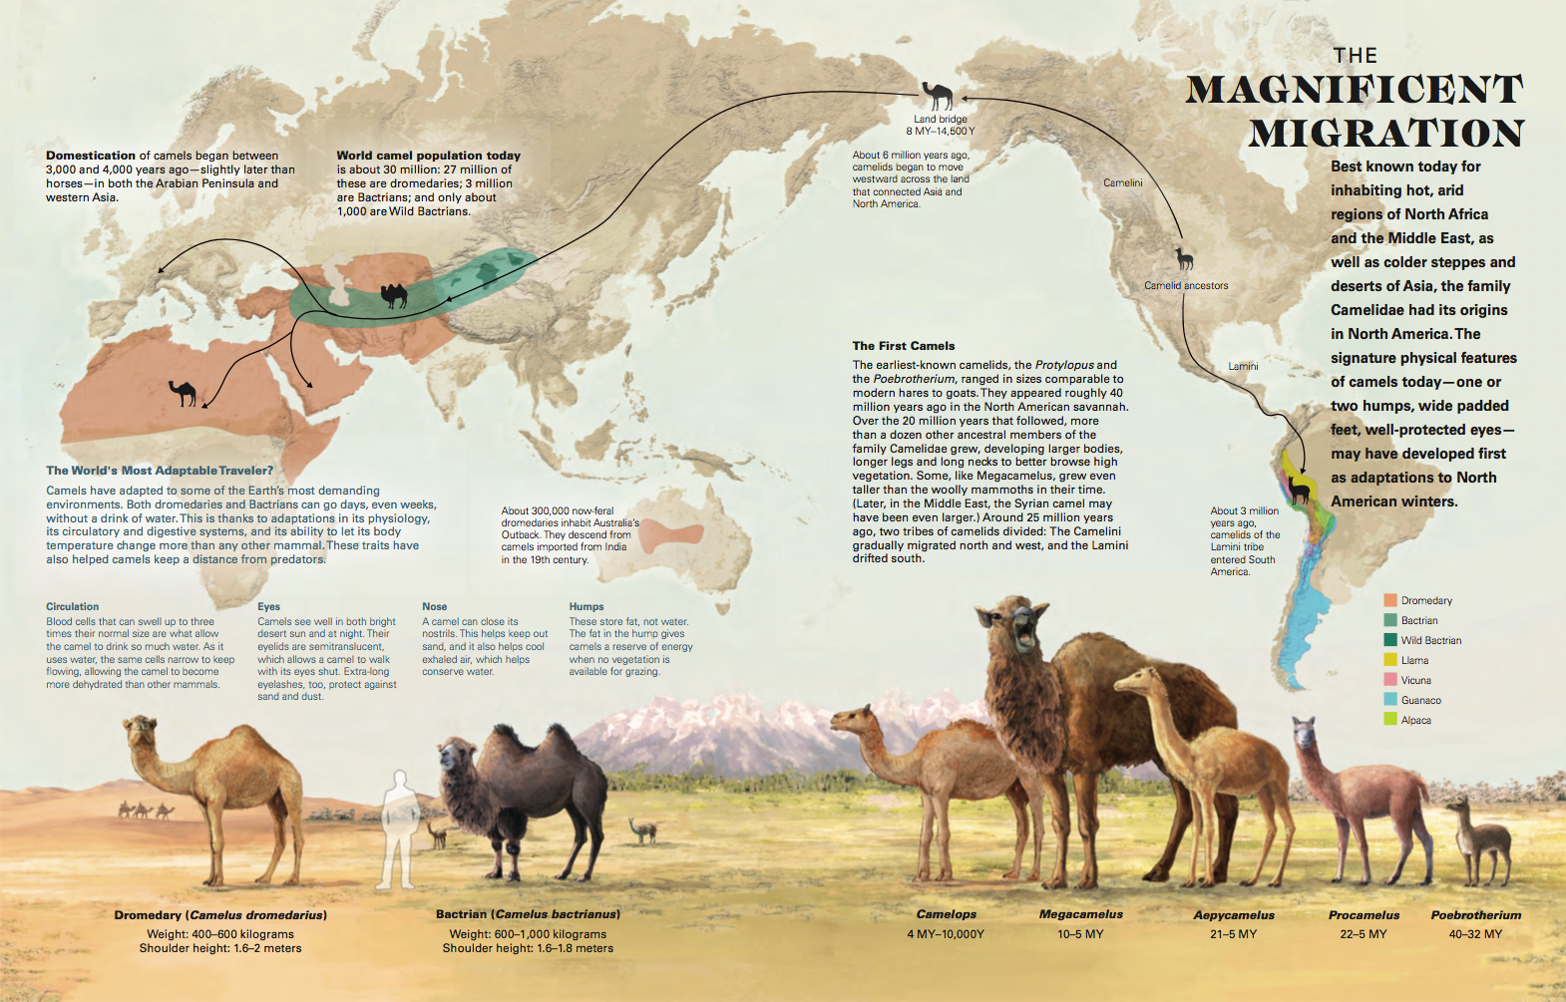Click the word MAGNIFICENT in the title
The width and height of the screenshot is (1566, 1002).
point(1354,90)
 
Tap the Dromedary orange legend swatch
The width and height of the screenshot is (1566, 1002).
point(1389,600)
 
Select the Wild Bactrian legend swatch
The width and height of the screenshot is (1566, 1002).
point(1389,640)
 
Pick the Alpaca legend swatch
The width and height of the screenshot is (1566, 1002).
point(1389,720)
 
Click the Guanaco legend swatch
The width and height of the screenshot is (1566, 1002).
point(1389,700)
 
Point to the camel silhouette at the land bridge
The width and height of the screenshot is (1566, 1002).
point(938,96)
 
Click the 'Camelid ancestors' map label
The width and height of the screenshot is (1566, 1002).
point(1186,286)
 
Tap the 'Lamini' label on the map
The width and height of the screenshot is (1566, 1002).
point(1243,366)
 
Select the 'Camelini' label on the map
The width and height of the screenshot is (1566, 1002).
point(1123,182)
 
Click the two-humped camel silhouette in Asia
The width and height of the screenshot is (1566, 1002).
point(394,295)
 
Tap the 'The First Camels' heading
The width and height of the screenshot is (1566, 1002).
point(903,346)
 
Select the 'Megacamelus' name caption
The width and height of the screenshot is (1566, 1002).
point(1080,914)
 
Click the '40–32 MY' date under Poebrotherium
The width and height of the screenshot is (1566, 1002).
point(1475,934)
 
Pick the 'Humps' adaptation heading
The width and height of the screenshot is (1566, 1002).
point(587,606)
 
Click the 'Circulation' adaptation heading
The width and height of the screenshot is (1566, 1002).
point(72,606)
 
